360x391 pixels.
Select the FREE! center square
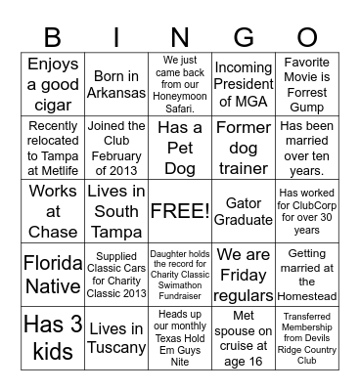tap(180, 210)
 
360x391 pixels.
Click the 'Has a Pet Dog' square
tap(180, 147)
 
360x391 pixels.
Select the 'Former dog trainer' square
tap(243, 147)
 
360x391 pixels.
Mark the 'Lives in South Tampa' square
tap(116, 210)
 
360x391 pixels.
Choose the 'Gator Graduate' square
tap(243, 210)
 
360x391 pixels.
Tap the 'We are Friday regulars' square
tap(243, 274)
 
